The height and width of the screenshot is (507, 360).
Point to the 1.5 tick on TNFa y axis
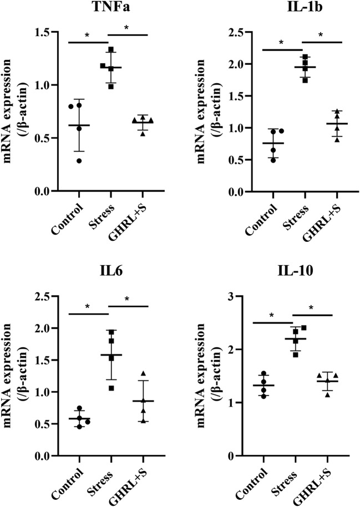(x=47, y=32)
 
